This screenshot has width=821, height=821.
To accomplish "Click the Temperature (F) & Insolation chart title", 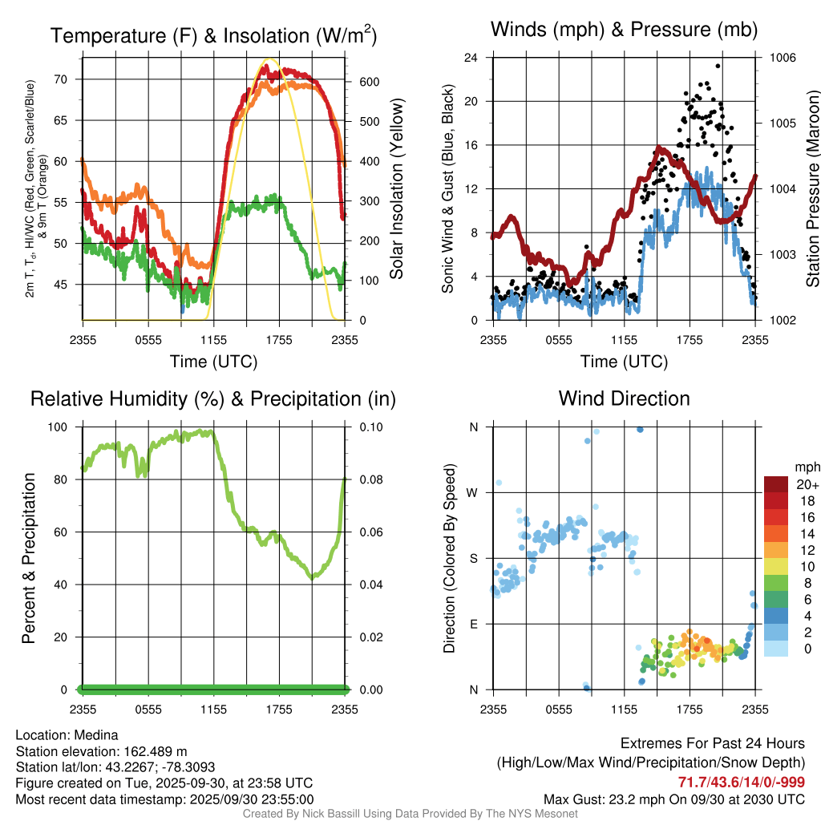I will [213, 35].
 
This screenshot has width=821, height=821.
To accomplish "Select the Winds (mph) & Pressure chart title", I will [624, 30].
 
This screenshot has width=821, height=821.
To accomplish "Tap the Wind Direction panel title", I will [624, 398].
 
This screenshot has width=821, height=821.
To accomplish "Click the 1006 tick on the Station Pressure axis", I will [781, 58].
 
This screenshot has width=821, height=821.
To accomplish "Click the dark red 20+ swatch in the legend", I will [777, 483].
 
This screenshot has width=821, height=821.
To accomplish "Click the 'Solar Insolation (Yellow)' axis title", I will [397, 189].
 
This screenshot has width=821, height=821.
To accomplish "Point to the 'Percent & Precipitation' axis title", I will [29, 558].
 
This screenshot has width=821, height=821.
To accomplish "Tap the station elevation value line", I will [101, 751].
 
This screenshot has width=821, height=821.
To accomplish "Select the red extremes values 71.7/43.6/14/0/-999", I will [742, 783].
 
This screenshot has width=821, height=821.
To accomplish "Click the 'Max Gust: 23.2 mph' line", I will [674, 799].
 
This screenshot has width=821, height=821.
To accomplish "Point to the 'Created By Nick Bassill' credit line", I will [410, 814].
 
